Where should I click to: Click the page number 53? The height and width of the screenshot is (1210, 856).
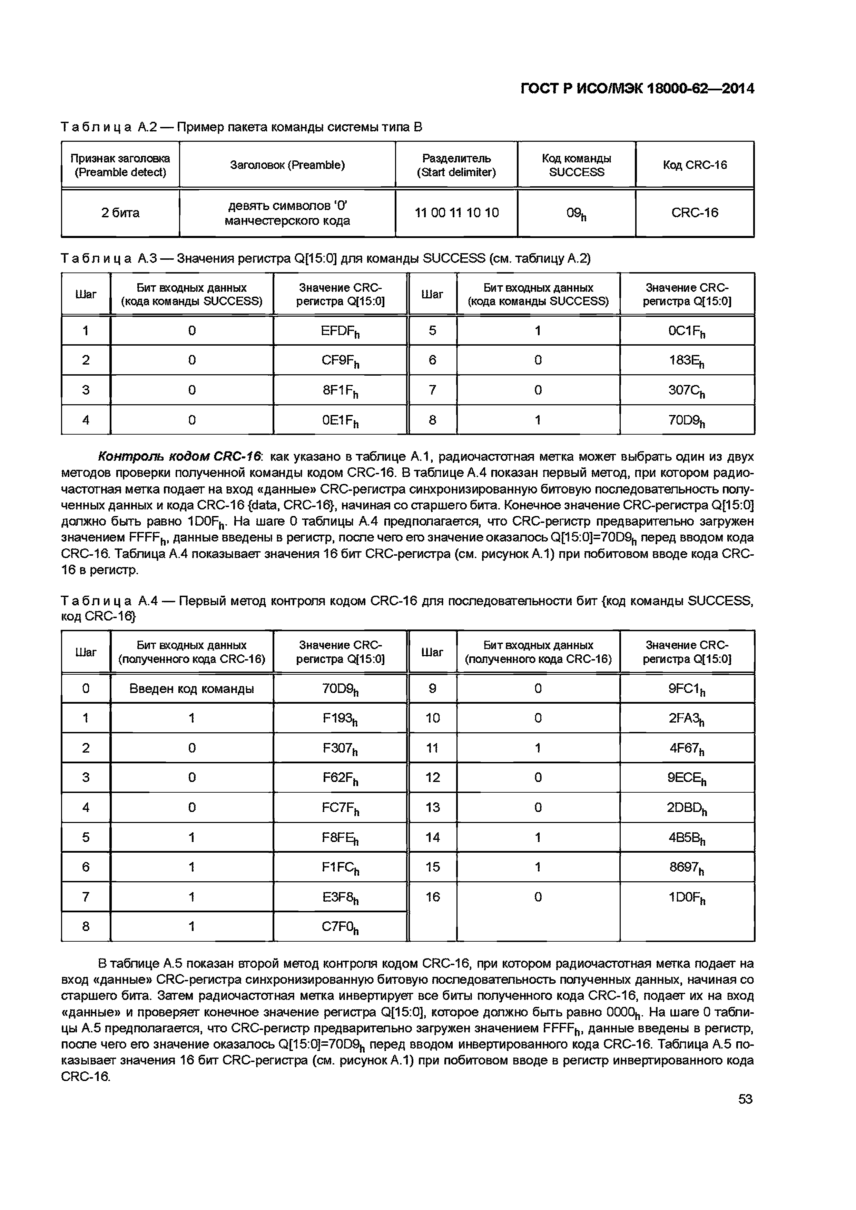(745, 1099)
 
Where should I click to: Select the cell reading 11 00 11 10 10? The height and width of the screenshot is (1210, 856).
(456, 213)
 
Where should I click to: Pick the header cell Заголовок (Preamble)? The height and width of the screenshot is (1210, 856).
(287, 165)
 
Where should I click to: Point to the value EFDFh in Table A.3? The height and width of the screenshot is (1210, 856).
(340, 331)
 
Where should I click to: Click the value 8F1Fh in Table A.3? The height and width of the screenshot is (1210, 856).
(340, 390)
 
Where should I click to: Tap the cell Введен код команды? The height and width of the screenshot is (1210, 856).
(191, 689)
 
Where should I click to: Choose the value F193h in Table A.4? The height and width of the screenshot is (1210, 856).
(340, 718)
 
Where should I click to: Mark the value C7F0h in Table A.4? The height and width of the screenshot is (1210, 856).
(340, 927)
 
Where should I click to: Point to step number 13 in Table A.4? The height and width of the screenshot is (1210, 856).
(432, 807)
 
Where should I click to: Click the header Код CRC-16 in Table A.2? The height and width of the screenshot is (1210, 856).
(695, 165)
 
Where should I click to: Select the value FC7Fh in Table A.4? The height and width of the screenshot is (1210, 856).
(340, 808)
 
